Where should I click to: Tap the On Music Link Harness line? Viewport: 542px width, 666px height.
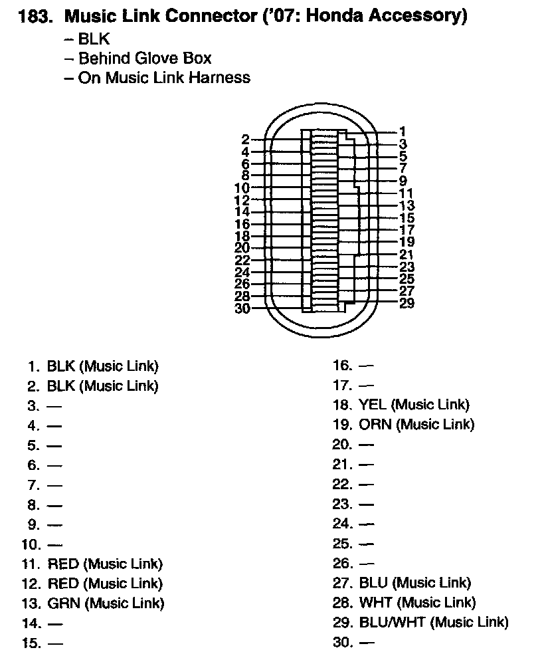[x=157, y=78]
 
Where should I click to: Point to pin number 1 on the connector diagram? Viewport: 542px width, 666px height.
[x=403, y=132]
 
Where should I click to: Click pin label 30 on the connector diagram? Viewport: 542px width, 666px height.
[x=242, y=308]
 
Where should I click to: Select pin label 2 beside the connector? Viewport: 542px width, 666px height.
[x=245, y=140]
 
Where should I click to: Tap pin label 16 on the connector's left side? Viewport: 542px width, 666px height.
[x=242, y=224]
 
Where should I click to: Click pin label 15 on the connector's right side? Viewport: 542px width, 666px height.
[x=407, y=218]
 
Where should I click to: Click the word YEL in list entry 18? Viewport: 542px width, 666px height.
[x=373, y=404]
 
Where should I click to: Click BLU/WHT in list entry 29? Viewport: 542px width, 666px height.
[x=393, y=623]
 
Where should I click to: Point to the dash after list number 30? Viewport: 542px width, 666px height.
[x=366, y=643]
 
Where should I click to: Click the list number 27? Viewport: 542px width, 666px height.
[x=342, y=583]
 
